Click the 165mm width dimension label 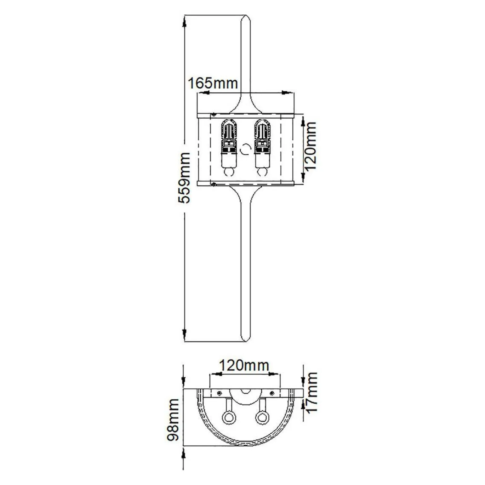point(213,83)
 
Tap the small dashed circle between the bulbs point(245,149)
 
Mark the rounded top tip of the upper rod point(246,17)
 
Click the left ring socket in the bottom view point(227,418)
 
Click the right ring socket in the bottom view point(262,418)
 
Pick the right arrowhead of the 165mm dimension point(285,93)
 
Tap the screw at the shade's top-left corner point(214,115)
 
